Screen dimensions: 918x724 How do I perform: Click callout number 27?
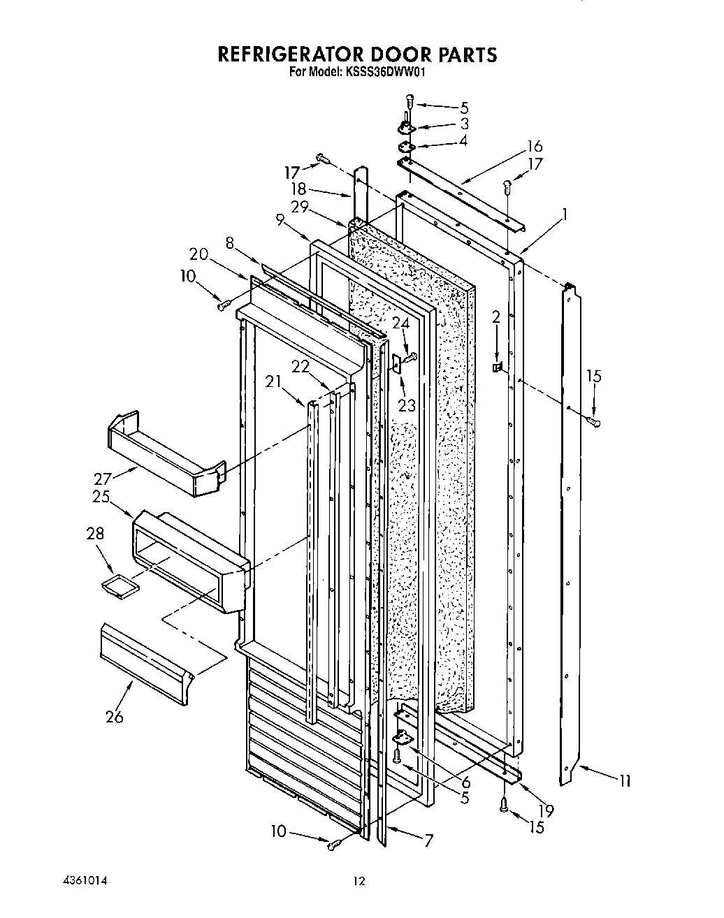tap(103, 479)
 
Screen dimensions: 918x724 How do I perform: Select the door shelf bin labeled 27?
tap(165, 454)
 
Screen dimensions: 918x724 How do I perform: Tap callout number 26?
tap(114, 716)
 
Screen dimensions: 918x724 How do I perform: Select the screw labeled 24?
tap(410, 358)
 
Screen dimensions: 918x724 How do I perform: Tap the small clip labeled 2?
tap(498, 367)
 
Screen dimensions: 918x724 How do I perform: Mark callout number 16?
tap(535, 146)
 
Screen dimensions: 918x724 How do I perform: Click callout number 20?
tap(198, 254)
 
